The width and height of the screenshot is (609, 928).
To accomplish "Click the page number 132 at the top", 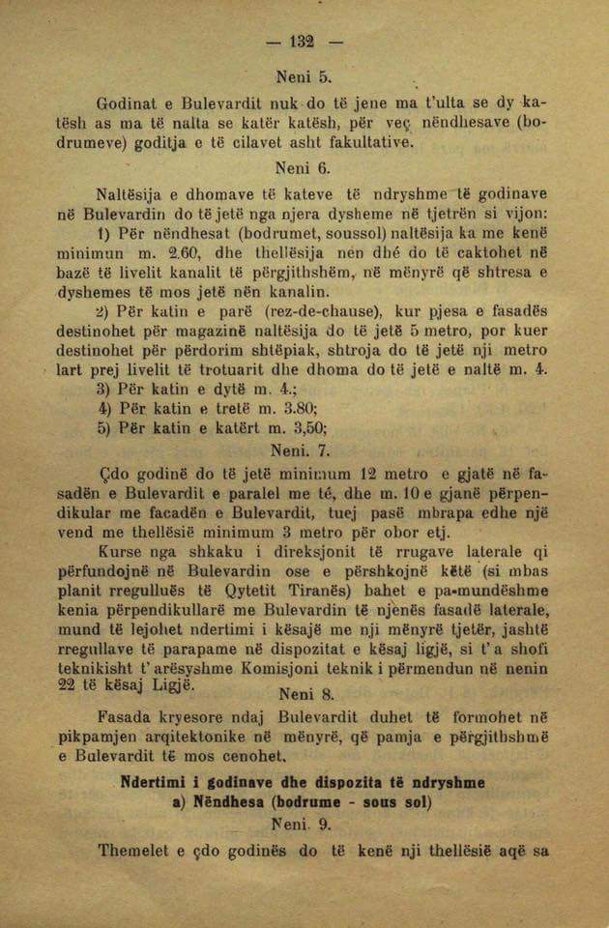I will pos(303,41).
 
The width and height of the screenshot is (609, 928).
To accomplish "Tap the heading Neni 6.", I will pos(304,166).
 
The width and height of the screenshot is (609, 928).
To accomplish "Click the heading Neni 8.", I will pos(304,692).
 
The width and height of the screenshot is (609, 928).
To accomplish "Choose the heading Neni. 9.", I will pos(304,825).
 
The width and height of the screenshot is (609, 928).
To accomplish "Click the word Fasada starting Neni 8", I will pos(127,717).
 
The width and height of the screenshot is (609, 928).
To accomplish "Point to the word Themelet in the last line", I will pos(131,851).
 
